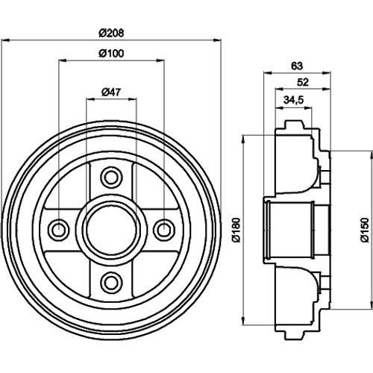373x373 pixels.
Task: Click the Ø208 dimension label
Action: point(111,33)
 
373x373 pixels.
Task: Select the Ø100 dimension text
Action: point(111,54)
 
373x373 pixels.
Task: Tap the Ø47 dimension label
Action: point(111,93)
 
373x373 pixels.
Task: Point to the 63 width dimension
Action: point(297,66)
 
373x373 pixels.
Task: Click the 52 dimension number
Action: point(303,82)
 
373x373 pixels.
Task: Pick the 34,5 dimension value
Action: point(294,100)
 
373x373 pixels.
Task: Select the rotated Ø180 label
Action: point(236,230)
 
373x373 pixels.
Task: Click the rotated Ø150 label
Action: point(365,230)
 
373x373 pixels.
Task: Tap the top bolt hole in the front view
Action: point(111,178)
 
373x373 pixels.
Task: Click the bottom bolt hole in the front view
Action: point(111,282)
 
